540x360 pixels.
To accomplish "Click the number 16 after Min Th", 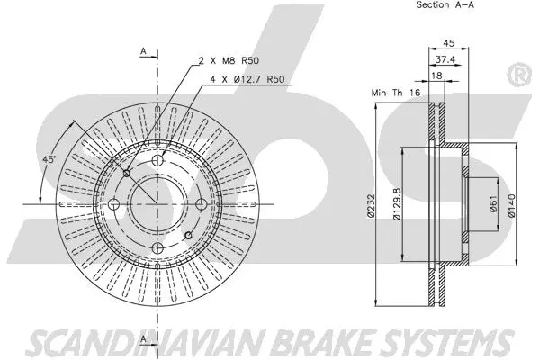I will pyautogui.click(x=415, y=93).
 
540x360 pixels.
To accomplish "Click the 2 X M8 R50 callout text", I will pyautogui.click(x=228, y=60).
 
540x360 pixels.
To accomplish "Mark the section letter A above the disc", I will pyautogui.click(x=143, y=52).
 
